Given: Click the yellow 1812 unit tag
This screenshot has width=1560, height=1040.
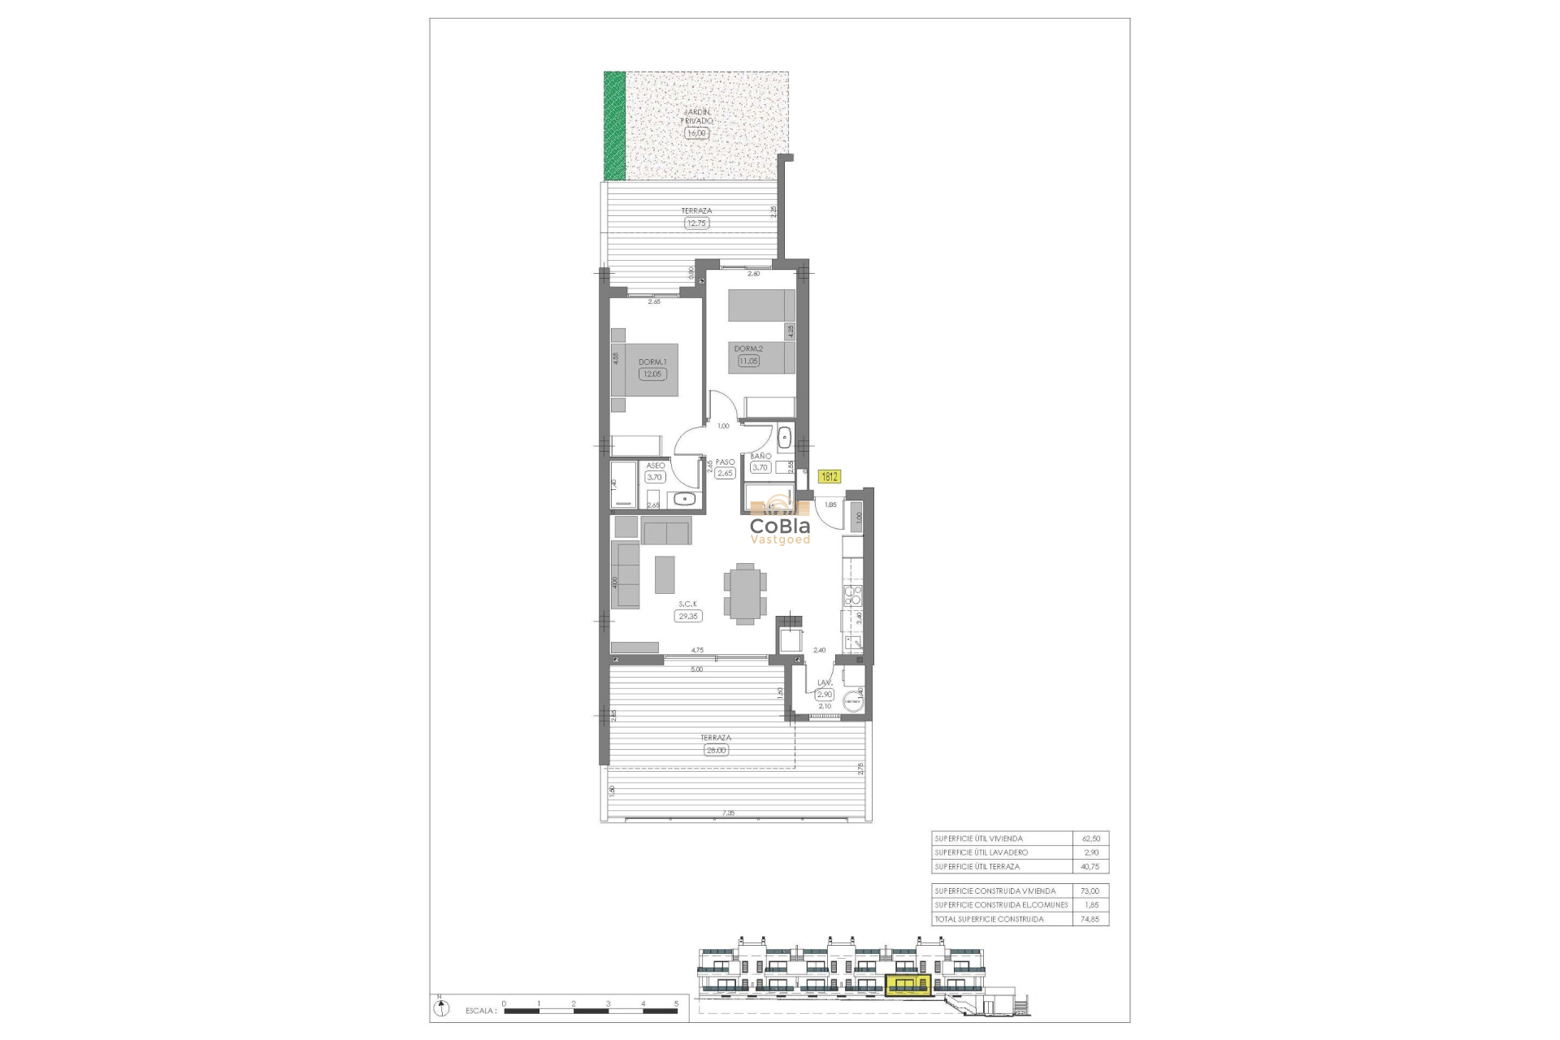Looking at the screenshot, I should (x=830, y=477).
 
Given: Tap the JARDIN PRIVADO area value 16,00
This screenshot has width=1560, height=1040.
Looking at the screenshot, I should (x=696, y=133).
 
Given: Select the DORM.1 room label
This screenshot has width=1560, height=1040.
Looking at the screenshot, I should (x=652, y=362).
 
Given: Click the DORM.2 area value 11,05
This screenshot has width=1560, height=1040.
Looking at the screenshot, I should (x=747, y=361).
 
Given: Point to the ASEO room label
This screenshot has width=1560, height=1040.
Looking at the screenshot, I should (x=655, y=466).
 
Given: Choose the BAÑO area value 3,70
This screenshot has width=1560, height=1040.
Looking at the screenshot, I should (x=760, y=468).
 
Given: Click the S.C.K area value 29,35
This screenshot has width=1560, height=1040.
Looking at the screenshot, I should (x=687, y=617).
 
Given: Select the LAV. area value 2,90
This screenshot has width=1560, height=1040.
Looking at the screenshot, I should (x=824, y=695).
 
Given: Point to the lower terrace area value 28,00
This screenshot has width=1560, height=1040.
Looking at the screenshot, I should (x=716, y=750).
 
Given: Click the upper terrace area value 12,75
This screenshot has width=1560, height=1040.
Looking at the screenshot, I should (x=696, y=223).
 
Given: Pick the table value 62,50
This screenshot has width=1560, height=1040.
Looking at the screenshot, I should (x=1090, y=838).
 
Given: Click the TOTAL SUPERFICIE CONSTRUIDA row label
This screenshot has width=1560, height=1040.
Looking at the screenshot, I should (x=989, y=919).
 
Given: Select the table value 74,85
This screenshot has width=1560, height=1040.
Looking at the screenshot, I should (x=1090, y=919).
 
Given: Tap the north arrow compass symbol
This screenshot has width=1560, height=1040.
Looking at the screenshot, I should (x=440, y=1008).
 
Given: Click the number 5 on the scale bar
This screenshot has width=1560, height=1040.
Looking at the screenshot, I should (x=676, y=1004).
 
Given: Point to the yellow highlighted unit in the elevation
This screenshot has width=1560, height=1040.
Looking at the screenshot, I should (x=909, y=986).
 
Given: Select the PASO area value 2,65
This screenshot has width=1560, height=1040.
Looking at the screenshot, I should (x=725, y=473).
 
